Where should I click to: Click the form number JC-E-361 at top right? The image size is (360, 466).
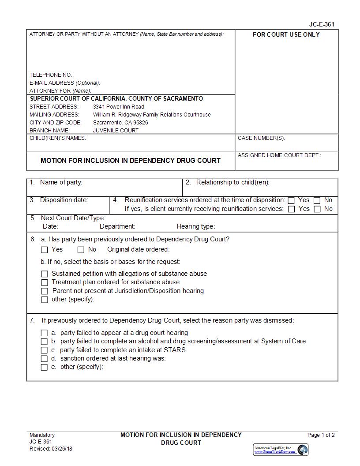[x=324, y=25]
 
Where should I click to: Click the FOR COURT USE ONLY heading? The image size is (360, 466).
[x=286, y=35]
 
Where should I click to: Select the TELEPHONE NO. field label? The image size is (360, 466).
[x=51, y=75]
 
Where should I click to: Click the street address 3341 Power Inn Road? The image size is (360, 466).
[x=118, y=107]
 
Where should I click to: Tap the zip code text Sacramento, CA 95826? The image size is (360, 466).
[x=120, y=123]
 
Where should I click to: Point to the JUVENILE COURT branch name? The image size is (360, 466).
[x=116, y=131]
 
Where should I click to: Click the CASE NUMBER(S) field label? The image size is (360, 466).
[x=261, y=138]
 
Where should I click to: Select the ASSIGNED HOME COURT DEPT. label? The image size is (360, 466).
[x=279, y=155]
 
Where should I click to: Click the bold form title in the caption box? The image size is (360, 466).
[x=130, y=161]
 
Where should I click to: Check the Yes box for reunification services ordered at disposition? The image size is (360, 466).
[x=291, y=200]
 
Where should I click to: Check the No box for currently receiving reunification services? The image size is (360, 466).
[x=317, y=209]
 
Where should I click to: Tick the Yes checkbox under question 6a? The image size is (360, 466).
[x=44, y=250]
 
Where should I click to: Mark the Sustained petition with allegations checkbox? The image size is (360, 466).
[x=44, y=274]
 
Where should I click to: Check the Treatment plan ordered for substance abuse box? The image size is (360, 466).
[x=44, y=282]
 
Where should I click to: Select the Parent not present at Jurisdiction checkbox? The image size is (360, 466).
[x=44, y=291]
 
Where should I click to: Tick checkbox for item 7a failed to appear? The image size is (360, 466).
[x=44, y=333]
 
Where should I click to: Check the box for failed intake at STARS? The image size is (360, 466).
[x=44, y=350]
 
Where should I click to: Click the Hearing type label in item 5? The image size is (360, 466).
[x=195, y=227]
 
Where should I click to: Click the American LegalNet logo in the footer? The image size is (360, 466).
[x=281, y=450]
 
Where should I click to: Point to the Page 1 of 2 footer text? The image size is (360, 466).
[x=321, y=435]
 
